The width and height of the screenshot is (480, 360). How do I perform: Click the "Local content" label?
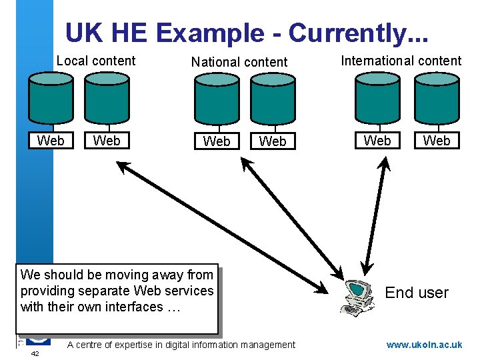(x=95, y=61)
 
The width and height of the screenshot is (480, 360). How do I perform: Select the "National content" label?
(x=239, y=62)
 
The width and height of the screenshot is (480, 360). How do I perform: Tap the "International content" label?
(x=401, y=61)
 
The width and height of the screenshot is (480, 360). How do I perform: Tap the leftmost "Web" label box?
(x=51, y=140)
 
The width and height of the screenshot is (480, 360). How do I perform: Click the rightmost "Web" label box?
(x=437, y=141)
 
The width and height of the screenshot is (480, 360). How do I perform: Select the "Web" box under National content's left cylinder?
(x=216, y=141)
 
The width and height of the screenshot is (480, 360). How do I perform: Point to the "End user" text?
(x=417, y=293)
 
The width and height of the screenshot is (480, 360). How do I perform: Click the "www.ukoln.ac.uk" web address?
(x=424, y=345)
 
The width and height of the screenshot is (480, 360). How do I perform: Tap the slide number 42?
(x=35, y=354)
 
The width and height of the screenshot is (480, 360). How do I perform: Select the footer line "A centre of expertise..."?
(x=181, y=345)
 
